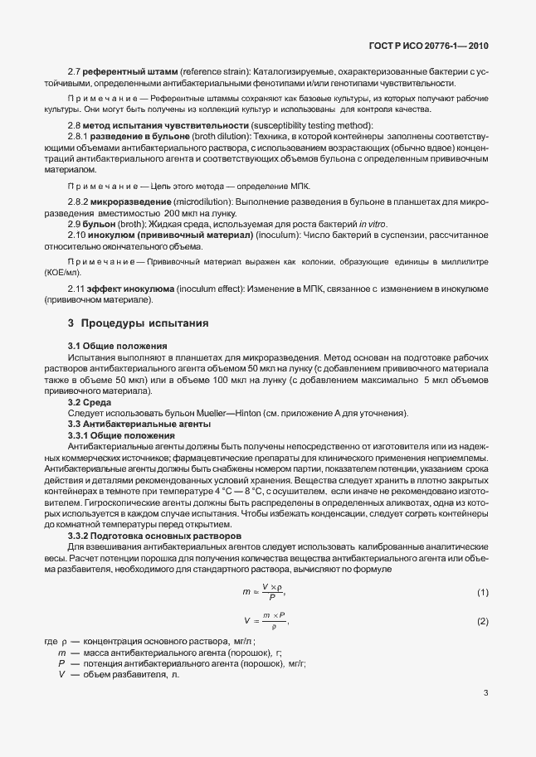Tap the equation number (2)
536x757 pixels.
click(x=483, y=621)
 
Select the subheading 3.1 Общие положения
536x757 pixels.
click(x=117, y=345)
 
